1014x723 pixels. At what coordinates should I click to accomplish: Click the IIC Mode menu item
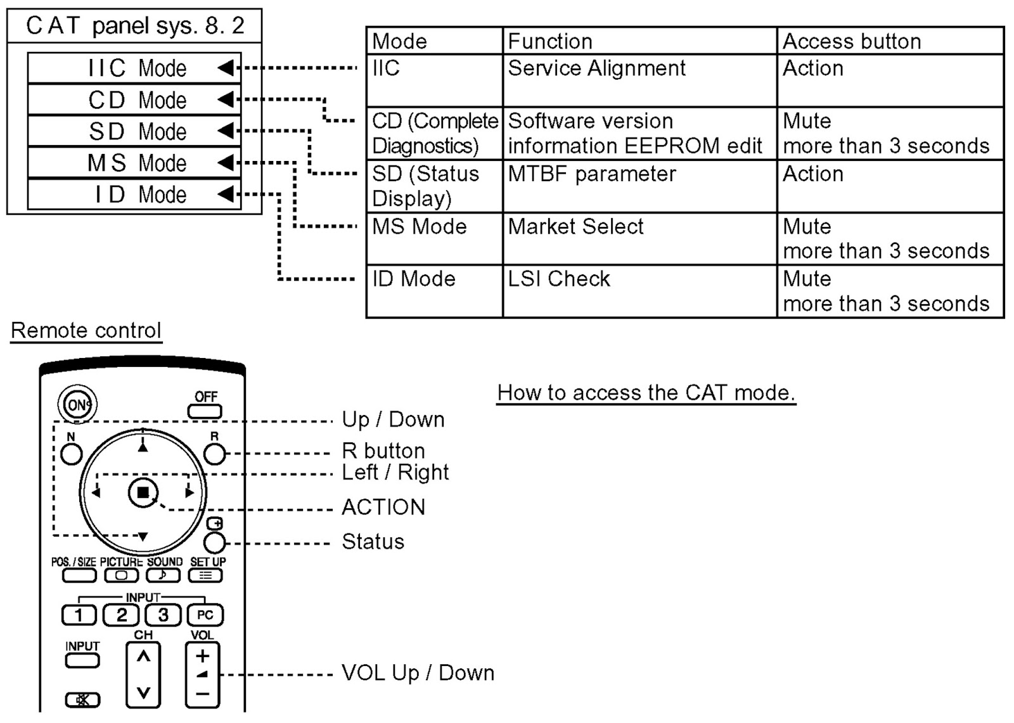[x=134, y=68]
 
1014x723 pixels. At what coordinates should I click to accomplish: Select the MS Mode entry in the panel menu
[x=134, y=163]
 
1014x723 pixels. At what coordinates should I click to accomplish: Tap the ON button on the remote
[x=77, y=404]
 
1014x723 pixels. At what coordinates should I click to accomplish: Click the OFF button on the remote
[x=205, y=410]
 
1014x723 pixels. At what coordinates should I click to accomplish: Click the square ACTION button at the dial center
[x=143, y=492]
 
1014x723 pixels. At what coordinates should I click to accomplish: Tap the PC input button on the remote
[x=205, y=615]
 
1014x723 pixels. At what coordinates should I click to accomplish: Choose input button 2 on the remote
[x=121, y=615]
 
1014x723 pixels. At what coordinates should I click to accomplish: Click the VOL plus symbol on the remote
[x=202, y=656]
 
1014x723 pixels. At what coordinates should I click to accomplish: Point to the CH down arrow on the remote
[x=143, y=693]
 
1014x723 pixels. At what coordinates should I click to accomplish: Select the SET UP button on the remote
[x=205, y=575]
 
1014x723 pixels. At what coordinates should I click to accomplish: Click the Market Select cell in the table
[x=575, y=227]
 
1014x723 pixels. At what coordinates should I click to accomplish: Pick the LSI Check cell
[x=559, y=279]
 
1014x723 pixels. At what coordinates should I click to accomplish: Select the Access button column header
[x=852, y=41]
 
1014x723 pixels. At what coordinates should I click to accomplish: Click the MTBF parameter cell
[x=592, y=174]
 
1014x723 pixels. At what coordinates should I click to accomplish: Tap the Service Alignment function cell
[x=596, y=68]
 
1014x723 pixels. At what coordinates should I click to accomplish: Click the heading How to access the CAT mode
[x=646, y=393]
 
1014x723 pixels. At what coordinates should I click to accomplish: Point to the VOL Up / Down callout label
[x=418, y=673]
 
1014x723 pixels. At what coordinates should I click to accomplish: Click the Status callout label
[x=373, y=542]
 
